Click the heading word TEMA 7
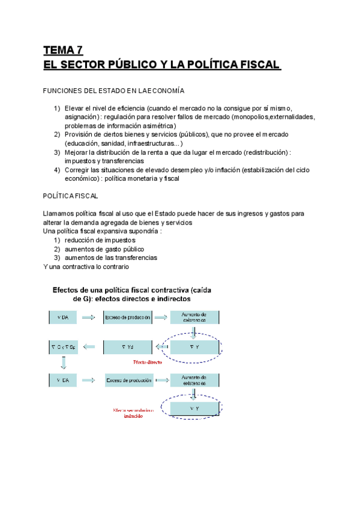62,50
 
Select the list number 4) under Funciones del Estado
56,170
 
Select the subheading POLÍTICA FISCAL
71,196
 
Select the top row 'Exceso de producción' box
127,317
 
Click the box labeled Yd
127,346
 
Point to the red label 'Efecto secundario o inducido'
133,414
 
